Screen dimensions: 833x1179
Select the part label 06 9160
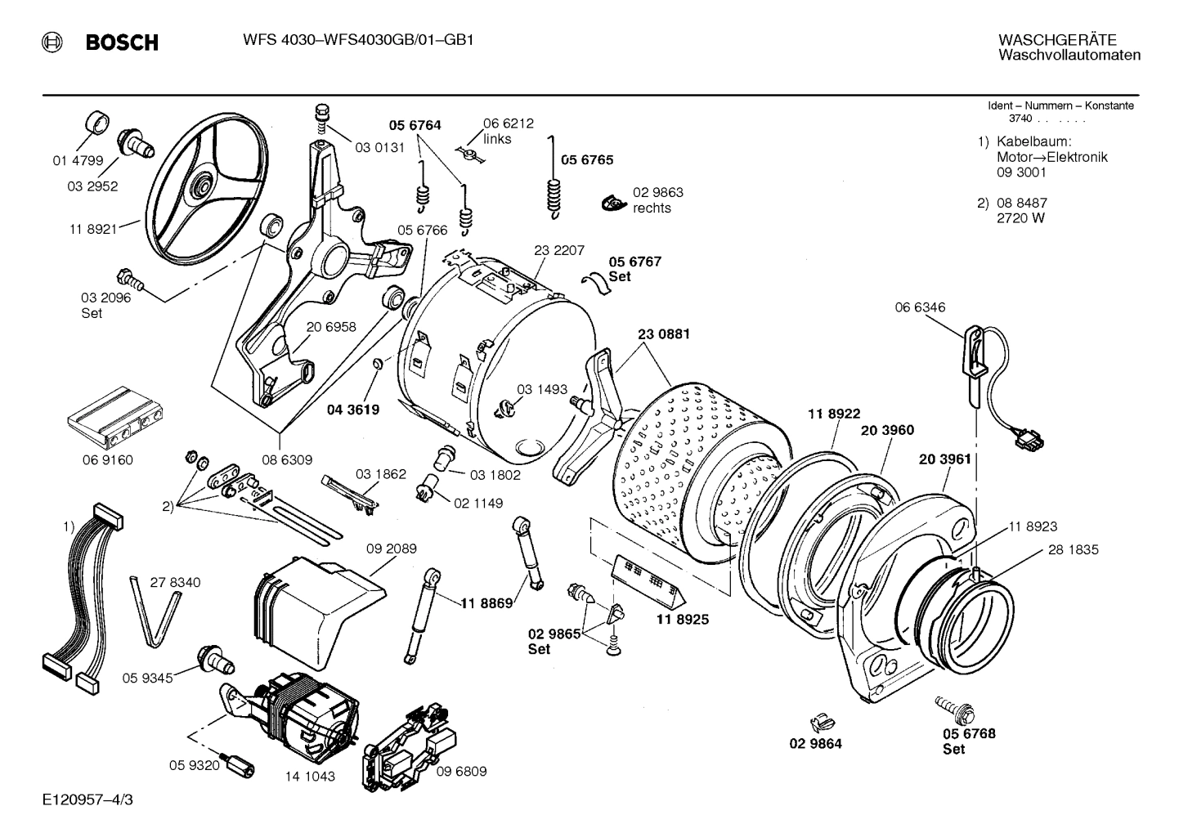pyautogui.click(x=107, y=459)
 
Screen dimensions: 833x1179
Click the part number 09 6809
pyautogui.click(x=461, y=771)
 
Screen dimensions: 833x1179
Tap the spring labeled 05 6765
pyautogui.click(x=555, y=188)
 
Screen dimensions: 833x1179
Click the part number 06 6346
pyautogui.click(x=920, y=307)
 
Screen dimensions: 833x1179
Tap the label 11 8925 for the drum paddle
pyautogui.click(x=682, y=620)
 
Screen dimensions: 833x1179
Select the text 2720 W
pyautogui.click(x=1020, y=218)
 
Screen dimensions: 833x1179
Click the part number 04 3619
pyautogui.click(x=353, y=410)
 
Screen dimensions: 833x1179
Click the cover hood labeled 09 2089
pyautogui.click(x=311, y=605)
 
